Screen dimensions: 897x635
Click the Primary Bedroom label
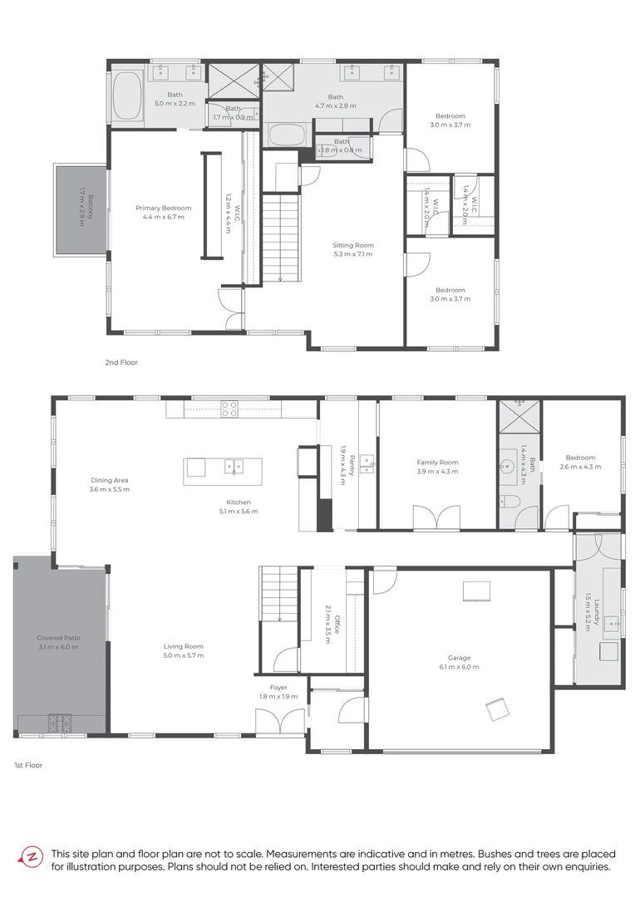(x=164, y=208)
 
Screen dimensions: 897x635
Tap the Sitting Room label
(x=353, y=245)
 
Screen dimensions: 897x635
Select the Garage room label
(x=459, y=658)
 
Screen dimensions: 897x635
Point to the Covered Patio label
(x=58, y=638)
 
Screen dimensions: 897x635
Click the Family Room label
(x=437, y=463)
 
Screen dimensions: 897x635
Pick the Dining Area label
(x=110, y=480)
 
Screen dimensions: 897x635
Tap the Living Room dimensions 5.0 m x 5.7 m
(x=183, y=655)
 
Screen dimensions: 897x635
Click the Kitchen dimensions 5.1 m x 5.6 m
(x=238, y=511)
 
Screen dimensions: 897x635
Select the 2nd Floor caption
(x=121, y=363)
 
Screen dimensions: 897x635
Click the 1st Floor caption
(x=28, y=765)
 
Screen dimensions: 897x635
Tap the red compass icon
(x=32, y=857)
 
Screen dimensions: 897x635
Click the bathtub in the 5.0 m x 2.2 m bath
(x=127, y=89)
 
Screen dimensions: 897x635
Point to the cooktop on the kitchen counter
(x=229, y=408)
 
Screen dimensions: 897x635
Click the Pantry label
(x=352, y=463)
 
